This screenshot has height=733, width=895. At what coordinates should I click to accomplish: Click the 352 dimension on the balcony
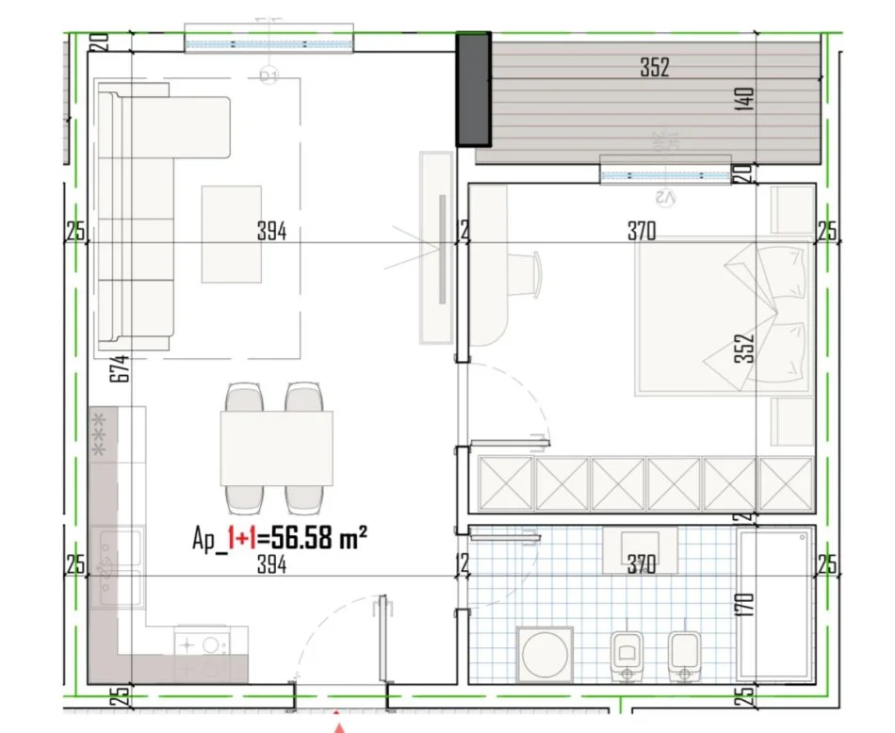(654, 68)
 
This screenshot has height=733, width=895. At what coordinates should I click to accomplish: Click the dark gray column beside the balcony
(474, 89)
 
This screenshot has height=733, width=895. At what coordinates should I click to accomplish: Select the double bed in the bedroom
(723, 315)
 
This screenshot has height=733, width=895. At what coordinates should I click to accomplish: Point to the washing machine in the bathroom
(546, 653)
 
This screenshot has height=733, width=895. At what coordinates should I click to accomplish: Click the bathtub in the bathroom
(775, 603)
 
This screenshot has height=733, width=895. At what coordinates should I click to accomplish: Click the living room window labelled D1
(269, 43)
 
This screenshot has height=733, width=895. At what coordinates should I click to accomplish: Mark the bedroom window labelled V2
(666, 175)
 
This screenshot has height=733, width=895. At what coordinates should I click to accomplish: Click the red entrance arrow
(340, 725)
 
